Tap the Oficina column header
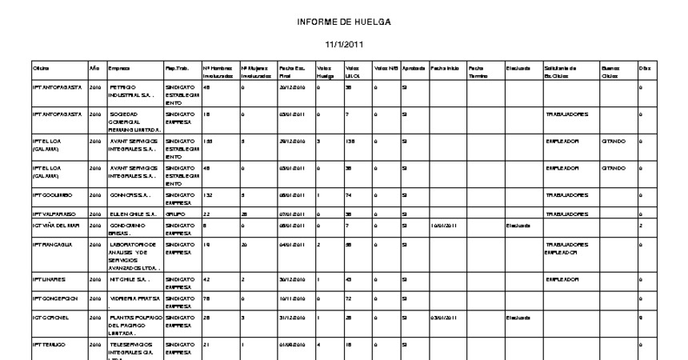pyautogui.click(x=41, y=69)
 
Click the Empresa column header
pyautogui.click(x=119, y=69)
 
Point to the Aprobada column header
pyautogui.click(x=414, y=69)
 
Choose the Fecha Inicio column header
pyautogui.click(x=445, y=69)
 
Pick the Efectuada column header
pyautogui.click(x=518, y=69)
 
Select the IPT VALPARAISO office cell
pyautogui.click(x=55, y=214)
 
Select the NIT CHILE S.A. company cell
pyautogui.click(x=129, y=279)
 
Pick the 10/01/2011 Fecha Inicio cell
pyautogui.click(x=445, y=226)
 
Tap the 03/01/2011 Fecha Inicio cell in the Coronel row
pyautogui.click(x=445, y=318)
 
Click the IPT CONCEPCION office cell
pyautogui.click(x=55, y=298)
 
